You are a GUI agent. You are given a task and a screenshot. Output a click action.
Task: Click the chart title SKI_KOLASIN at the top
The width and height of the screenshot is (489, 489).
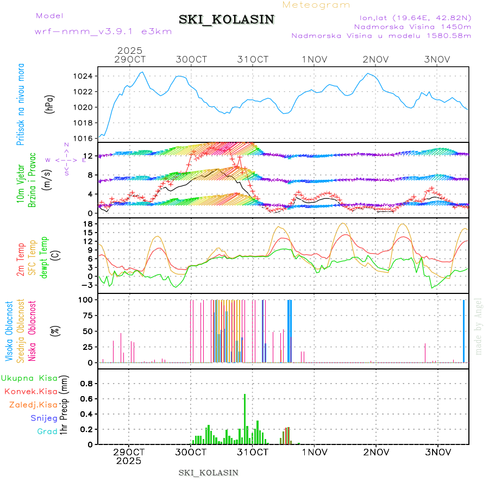pos(227,20)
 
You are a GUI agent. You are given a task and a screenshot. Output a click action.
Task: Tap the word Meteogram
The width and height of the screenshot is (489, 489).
pos(317,5)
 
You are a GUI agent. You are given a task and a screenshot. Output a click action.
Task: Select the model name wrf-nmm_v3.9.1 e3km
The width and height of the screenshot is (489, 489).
pos(103,31)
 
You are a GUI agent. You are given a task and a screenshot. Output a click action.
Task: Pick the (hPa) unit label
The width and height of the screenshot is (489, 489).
pos(49,107)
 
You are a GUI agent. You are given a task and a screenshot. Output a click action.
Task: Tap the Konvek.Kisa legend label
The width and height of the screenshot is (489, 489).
pos(30,391)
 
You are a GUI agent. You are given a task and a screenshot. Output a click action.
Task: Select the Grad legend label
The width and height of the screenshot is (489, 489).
pos(47,431)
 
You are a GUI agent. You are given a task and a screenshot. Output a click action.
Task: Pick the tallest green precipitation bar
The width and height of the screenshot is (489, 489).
pos(245,418)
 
